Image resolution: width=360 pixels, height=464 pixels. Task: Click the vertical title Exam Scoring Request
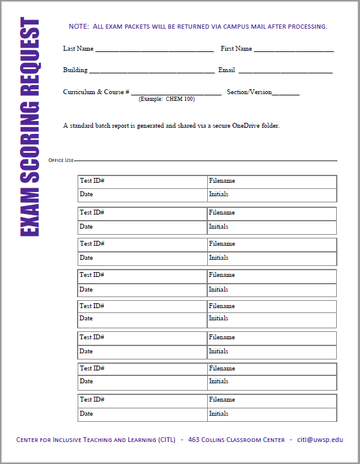(30, 127)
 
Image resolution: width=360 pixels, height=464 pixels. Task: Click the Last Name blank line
(154, 50)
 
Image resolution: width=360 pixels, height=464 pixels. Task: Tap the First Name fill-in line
(293, 50)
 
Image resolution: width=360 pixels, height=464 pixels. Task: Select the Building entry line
(152, 71)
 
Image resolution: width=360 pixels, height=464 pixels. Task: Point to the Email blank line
(285, 71)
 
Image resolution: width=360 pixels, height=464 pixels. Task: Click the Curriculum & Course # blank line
(176, 93)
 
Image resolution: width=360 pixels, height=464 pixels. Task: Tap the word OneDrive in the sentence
(246, 126)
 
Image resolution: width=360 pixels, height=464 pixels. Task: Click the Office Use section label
(61, 160)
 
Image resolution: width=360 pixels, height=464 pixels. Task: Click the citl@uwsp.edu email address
(320, 440)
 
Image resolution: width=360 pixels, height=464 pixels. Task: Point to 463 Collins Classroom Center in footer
(237, 440)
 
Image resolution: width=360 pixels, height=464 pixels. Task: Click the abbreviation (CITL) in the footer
(166, 440)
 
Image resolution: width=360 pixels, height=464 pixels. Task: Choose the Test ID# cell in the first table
(142, 182)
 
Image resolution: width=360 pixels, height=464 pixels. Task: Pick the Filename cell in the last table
(271, 400)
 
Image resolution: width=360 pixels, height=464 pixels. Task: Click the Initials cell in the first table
(271, 195)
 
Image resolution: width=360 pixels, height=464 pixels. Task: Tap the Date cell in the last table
(142, 414)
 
